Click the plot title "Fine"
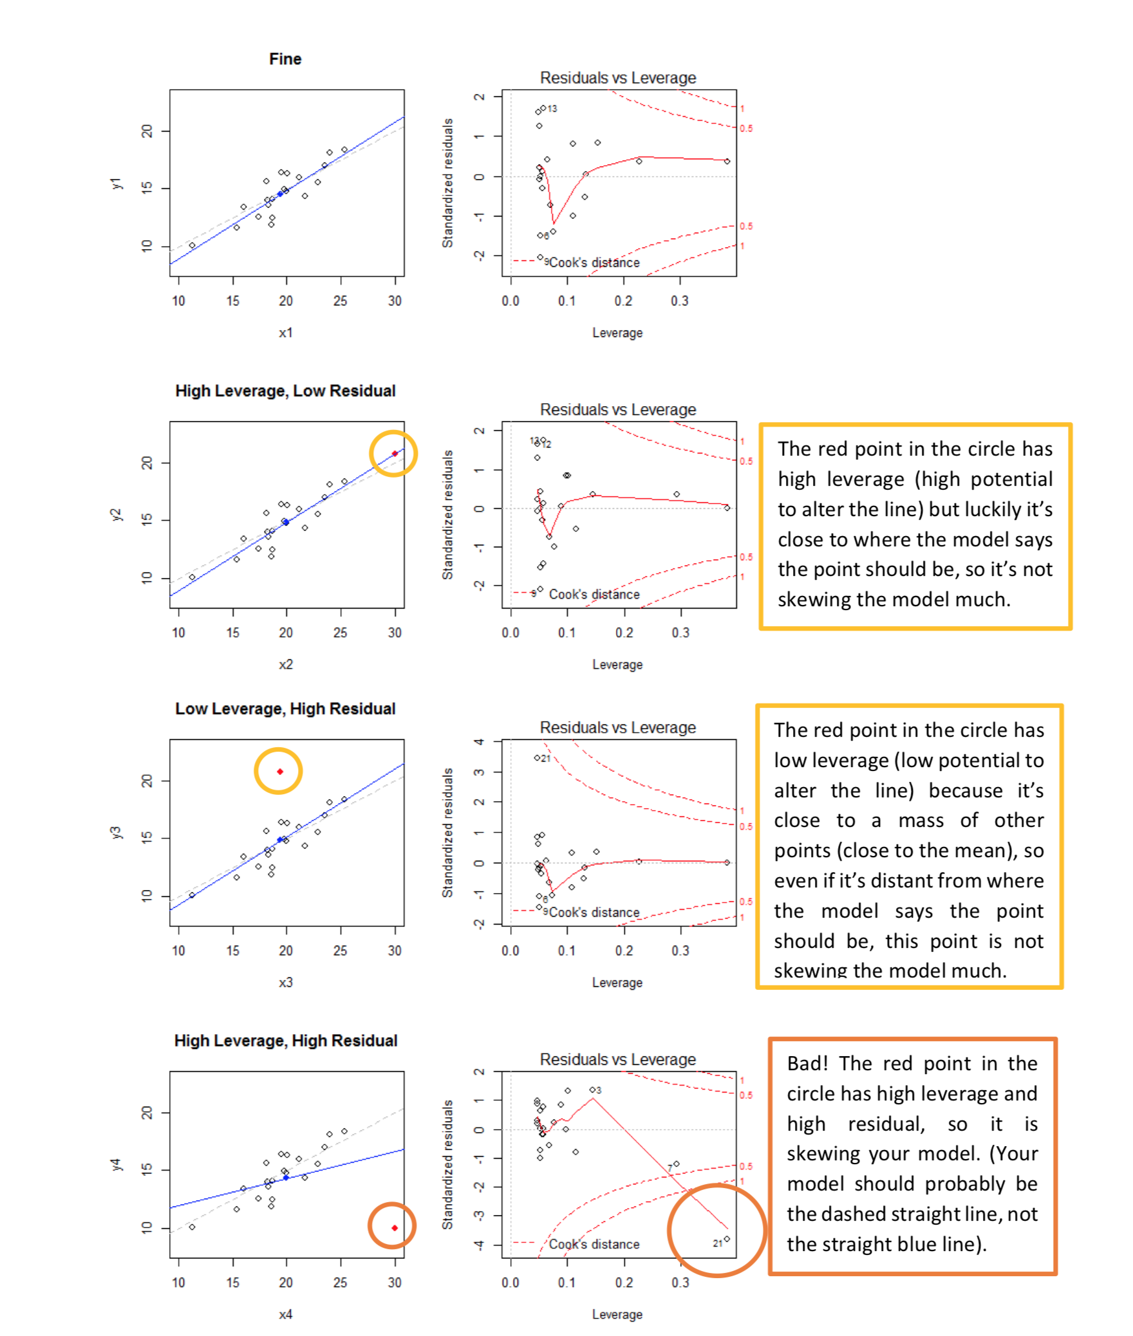[x=285, y=59]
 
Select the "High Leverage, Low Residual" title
[x=285, y=391]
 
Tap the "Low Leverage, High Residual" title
[x=285, y=709]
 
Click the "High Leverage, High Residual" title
[x=285, y=1041]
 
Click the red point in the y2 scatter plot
[x=395, y=454]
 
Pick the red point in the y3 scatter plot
[x=279, y=771]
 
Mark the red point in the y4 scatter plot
[x=394, y=1228]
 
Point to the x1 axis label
[x=285, y=333]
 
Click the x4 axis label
[x=285, y=1314]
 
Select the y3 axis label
[x=116, y=833]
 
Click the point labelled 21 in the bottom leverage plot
[x=727, y=1239]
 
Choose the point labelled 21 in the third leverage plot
[x=537, y=757]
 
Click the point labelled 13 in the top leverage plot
[x=543, y=108]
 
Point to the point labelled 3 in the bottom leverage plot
[x=592, y=1090]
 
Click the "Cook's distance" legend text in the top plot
[x=594, y=263]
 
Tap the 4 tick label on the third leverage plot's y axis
[x=479, y=741]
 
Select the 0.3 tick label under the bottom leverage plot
[x=680, y=1283]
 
